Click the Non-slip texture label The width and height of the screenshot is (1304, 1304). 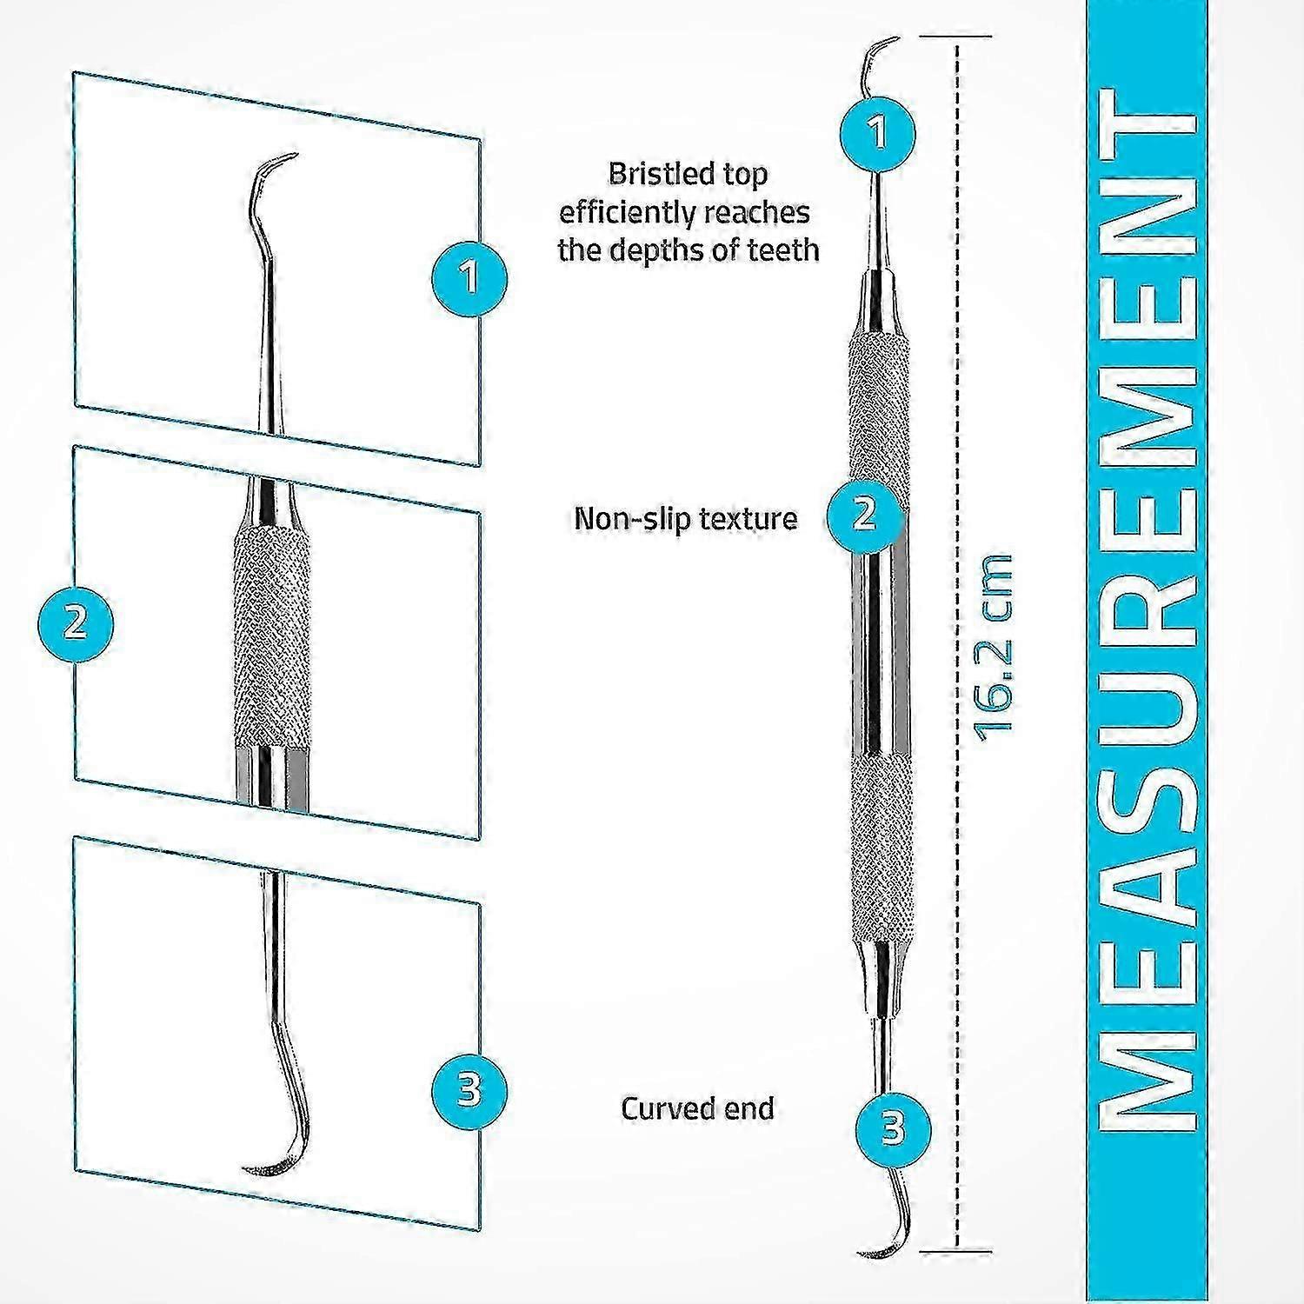click(x=685, y=519)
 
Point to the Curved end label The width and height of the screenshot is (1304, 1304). click(x=697, y=1108)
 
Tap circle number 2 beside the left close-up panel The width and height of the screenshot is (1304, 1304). click(x=76, y=623)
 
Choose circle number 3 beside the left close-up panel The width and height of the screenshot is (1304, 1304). click(x=469, y=1089)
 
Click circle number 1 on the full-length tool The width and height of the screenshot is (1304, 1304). click(x=878, y=133)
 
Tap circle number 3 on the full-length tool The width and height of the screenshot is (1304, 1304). click(x=893, y=1128)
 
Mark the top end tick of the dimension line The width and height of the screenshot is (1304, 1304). click(x=957, y=37)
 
